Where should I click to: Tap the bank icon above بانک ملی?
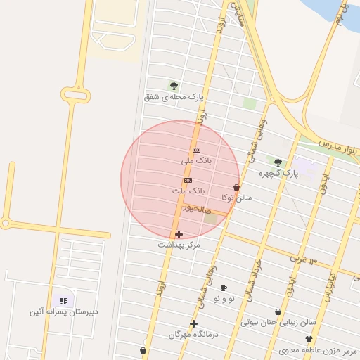pyautogui.click(x=196, y=150)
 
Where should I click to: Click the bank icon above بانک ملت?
pyautogui.click(x=188, y=180)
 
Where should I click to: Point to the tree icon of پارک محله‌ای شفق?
pyautogui.click(x=174, y=86)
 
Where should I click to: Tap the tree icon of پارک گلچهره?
pyautogui.click(x=278, y=162)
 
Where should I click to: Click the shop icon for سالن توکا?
pyautogui.click(x=236, y=187)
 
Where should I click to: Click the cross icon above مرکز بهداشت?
pyautogui.click(x=179, y=234)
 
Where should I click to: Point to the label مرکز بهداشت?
pyautogui.click(x=179, y=245)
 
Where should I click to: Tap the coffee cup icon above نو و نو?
pyautogui.click(x=224, y=288)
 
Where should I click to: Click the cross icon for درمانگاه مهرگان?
pyautogui.click(x=193, y=323)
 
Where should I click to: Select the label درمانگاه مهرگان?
pyautogui.click(x=193, y=335)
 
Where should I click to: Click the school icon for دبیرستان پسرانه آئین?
pyautogui.click(x=63, y=300)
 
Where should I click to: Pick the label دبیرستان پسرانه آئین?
pyautogui.click(x=63, y=311)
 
